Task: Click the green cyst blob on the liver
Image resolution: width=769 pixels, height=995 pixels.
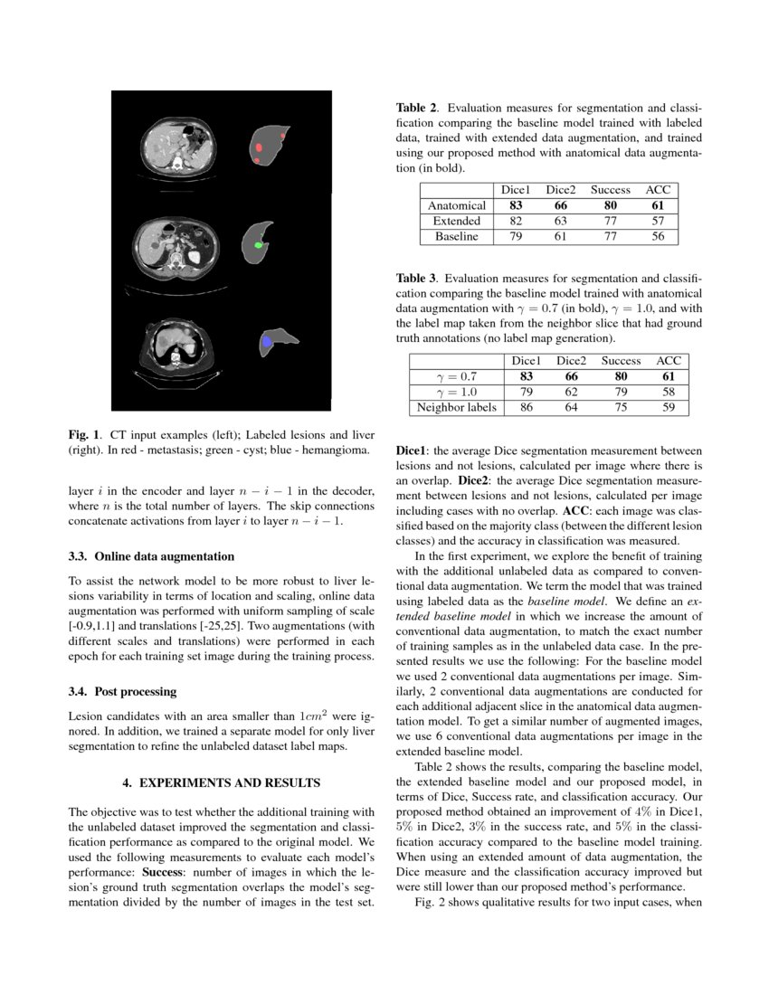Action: tap(259, 245)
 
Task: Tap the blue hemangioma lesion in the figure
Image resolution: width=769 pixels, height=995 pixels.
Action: tap(266, 342)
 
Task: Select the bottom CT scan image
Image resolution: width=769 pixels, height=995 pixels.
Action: tap(177, 347)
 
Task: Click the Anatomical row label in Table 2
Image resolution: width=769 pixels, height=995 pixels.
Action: tap(457, 205)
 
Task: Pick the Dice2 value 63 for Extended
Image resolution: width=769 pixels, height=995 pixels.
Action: tap(561, 221)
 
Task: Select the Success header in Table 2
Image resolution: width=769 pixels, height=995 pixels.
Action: tap(610, 190)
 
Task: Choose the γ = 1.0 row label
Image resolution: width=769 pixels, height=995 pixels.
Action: tap(456, 392)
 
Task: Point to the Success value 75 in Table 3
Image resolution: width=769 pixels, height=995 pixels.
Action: tap(621, 407)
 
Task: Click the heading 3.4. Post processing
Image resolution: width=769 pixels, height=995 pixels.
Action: tap(122, 691)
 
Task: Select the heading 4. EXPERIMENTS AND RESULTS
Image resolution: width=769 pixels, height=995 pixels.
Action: tap(221, 780)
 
